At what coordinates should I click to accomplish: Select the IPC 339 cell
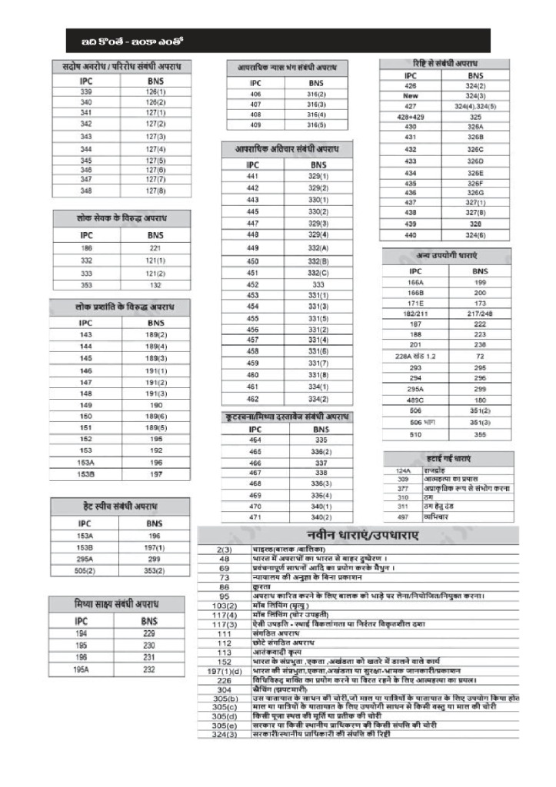[x=86, y=91]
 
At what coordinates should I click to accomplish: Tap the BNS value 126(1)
[x=156, y=91]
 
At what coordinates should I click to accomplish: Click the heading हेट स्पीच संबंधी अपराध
[x=119, y=506]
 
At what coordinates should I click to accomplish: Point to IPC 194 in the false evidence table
[x=82, y=633]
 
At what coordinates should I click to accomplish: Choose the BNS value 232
[x=149, y=669]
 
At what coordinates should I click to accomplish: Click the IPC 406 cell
[x=255, y=94]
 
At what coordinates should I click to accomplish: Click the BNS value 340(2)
[x=321, y=518]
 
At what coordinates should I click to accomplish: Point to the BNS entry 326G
[x=474, y=192]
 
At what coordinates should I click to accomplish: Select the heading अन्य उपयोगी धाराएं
[x=448, y=254]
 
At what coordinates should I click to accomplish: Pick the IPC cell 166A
[x=415, y=282]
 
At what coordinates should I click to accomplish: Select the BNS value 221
[x=156, y=249]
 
